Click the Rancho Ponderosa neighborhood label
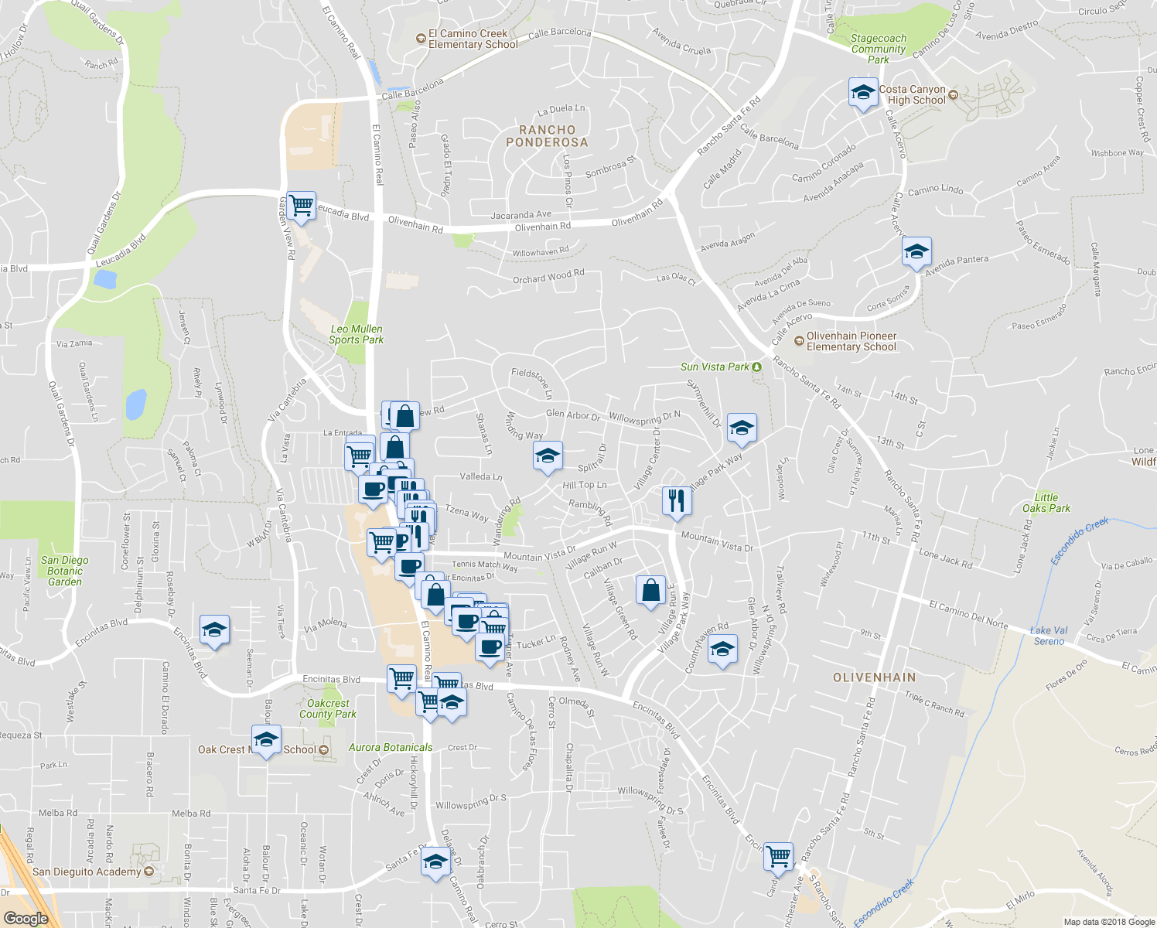pyautogui.click(x=547, y=136)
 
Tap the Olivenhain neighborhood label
pyautogui.click(x=874, y=677)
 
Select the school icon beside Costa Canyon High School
pyautogui.click(x=862, y=93)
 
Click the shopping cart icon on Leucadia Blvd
pyautogui.click(x=301, y=206)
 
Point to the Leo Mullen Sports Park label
pyautogui.click(x=356, y=334)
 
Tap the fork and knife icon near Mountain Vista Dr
pyautogui.click(x=676, y=501)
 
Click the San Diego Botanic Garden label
pyautogui.click(x=65, y=571)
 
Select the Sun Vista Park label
pyautogui.click(x=715, y=367)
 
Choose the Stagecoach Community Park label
pyautogui.click(x=878, y=49)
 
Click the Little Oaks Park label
pyautogui.click(x=1046, y=503)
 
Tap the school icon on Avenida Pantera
pyautogui.click(x=916, y=252)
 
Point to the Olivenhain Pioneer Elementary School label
pyautogui.click(x=851, y=341)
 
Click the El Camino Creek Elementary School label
pyautogui.click(x=473, y=39)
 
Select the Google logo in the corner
pyautogui.click(x=26, y=918)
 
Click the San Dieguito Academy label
pyautogui.click(x=87, y=872)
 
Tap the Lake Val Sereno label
pyautogui.click(x=1049, y=636)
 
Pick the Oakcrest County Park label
pyautogui.click(x=328, y=708)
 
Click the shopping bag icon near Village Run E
pyautogui.click(x=651, y=590)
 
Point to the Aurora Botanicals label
pyautogui.click(x=391, y=747)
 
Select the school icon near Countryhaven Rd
pyautogui.click(x=722, y=650)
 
